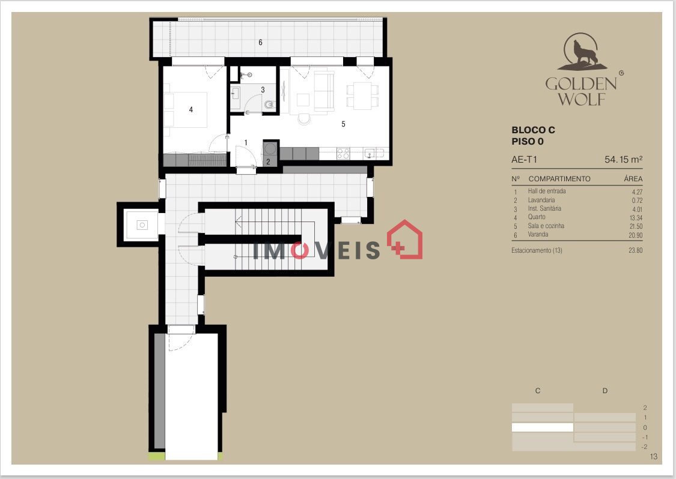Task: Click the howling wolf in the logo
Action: (x=585, y=53)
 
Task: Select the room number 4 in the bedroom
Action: (x=191, y=110)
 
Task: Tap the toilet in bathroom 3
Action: (x=269, y=104)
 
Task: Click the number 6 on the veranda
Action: (x=260, y=42)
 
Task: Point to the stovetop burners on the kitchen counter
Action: (x=343, y=153)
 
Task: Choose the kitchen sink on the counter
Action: (x=370, y=153)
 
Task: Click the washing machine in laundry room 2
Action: (x=270, y=149)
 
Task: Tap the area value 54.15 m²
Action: (x=623, y=160)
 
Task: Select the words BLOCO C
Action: (x=534, y=130)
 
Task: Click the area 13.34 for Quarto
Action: (x=636, y=218)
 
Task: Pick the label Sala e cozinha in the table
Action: (x=546, y=226)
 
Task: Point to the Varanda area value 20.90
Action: (x=636, y=235)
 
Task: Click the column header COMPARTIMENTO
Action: (x=559, y=179)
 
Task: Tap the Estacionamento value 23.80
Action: (x=636, y=250)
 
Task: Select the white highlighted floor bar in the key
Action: (x=543, y=427)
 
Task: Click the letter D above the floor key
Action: (x=605, y=391)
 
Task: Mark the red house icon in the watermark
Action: (x=404, y=239)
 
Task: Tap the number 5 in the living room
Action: (x=343, y=124)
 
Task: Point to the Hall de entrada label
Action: (x=547, y=191)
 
